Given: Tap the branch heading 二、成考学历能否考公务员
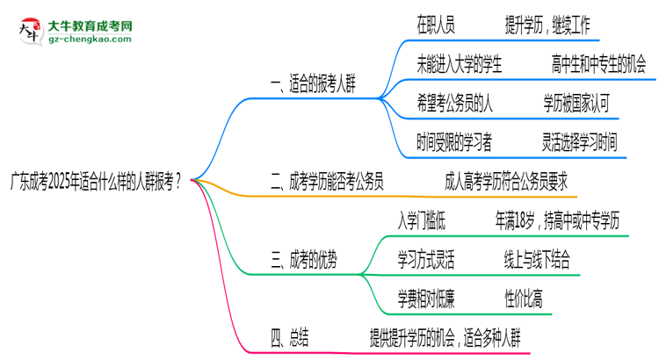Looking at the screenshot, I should coord(327,182).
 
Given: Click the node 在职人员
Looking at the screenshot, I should coord(437,25).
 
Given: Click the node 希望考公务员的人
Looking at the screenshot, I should coord(455,104).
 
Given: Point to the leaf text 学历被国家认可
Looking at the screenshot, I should coord(576,104).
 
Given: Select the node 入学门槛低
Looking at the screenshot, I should coord(428,220).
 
